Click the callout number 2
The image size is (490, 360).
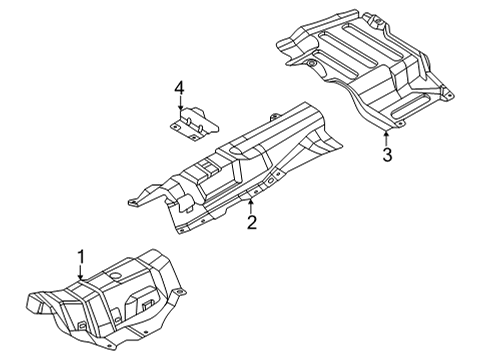pos(252,222)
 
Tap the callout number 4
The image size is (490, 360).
pos(180,93)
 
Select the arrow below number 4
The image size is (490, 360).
pos(181,109)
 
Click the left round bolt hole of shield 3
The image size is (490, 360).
pos(311,66)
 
